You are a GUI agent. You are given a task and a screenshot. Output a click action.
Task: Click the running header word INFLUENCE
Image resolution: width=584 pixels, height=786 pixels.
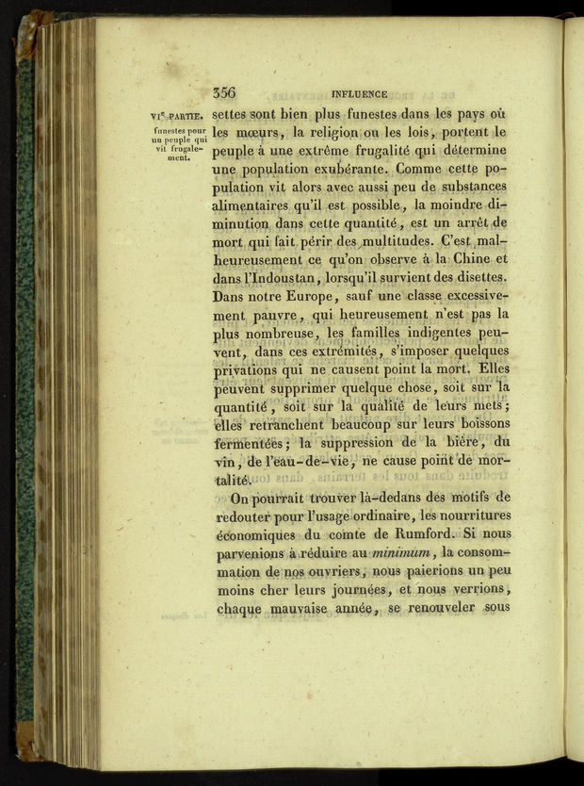[361, 94]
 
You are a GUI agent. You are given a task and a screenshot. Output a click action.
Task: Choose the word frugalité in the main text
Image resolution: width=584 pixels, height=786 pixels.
[419, 151]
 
